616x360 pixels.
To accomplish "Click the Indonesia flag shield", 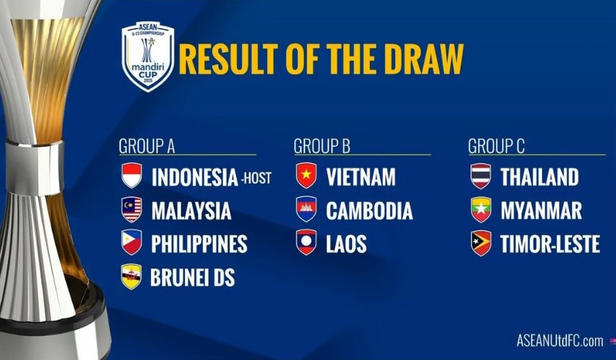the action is point(132,175).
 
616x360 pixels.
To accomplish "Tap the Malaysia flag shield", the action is point(132,210).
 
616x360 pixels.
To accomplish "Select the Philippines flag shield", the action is point(132,242).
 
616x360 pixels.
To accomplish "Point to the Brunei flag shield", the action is point(132,276).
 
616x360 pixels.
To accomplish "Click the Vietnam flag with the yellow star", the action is point(307,175).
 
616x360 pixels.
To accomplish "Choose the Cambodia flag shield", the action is point(307,209).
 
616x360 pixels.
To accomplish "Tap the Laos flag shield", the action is point(307,242).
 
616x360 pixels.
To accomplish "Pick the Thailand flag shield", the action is point(481,176).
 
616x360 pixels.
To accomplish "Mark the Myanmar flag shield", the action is point(481,210).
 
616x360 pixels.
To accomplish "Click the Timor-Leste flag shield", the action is point(481,243).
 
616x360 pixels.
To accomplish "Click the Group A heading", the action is point(147,146).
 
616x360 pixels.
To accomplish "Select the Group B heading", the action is point(322,146).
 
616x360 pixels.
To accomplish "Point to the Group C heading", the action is point(496,146).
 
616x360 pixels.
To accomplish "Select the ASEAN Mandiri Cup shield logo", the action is point(148,56).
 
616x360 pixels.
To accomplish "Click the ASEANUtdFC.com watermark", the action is point(560,341).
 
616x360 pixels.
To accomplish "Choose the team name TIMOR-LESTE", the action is point(550,243).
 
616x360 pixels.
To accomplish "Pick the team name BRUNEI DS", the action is point(193,277).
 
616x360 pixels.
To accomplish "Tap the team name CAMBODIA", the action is point(369,211).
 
